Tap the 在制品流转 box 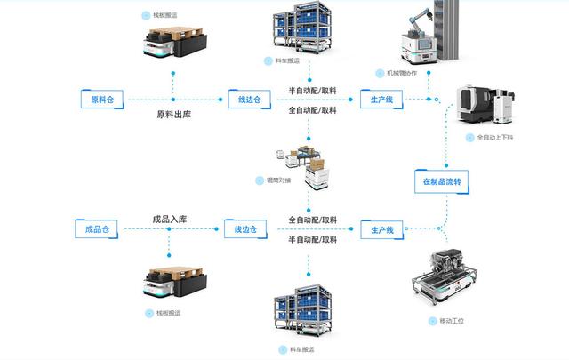pos(442,182)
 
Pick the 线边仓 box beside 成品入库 pos(245,229)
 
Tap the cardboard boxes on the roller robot pos(313,163)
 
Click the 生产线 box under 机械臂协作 pos(381,98)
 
